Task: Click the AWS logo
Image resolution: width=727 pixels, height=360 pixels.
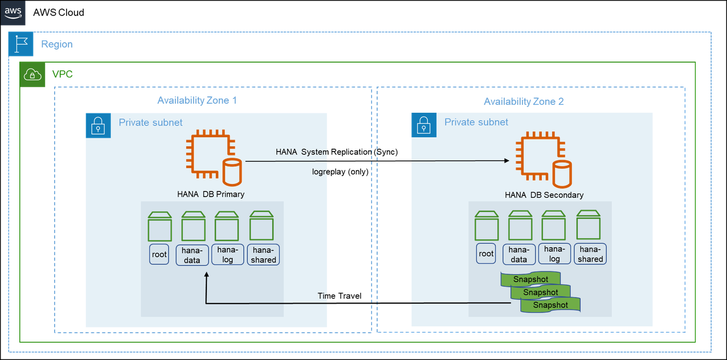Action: (x=13, y=13)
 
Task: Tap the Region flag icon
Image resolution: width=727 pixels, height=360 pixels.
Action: (x=22, y=44)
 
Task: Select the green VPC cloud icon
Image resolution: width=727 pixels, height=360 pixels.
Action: (x=32, y=75)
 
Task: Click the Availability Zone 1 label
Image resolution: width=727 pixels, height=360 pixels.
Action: (x=197, y=101)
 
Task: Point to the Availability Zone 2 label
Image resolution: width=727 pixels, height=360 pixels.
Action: (x=524, y=101)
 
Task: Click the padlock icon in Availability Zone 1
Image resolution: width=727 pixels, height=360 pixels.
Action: (x=99, y=125)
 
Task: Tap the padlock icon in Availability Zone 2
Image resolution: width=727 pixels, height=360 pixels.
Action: (x=424, y=125)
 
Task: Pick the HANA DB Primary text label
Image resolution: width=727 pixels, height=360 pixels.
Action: (x=211, y=194)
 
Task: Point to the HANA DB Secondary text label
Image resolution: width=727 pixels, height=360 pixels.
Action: (x=544, y=195)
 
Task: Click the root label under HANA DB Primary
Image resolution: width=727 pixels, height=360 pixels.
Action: (x=160, y=255)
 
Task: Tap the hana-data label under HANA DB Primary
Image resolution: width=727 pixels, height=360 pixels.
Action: (x=192, y=255)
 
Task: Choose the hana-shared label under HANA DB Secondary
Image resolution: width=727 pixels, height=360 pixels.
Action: (x=590, y=254)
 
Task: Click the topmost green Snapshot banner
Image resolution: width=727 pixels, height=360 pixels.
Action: (x=530, y=279)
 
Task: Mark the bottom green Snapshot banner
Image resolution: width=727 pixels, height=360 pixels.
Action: (x=550, y=305)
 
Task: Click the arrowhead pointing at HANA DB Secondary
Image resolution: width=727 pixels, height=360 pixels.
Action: (x=507, y=161)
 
